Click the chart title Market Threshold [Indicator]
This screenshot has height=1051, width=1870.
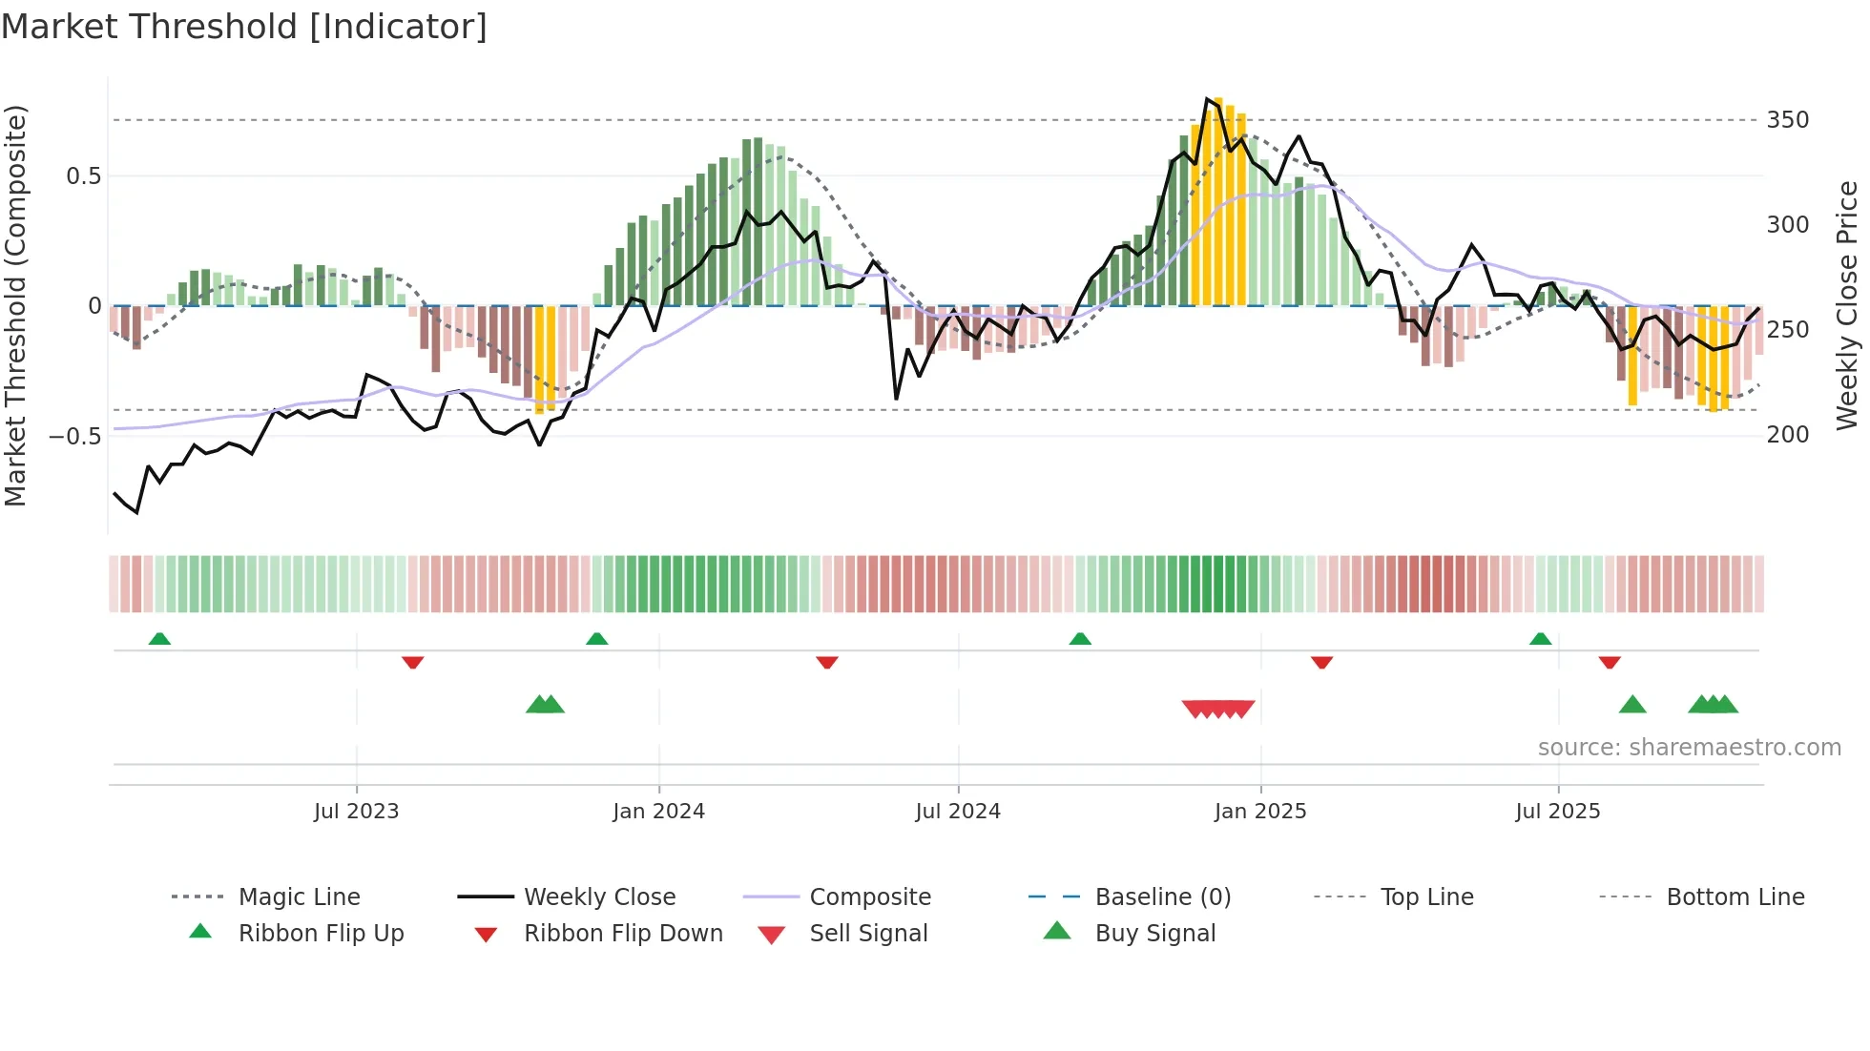coord(244,27)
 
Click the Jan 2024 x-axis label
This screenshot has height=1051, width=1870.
coord(658,812)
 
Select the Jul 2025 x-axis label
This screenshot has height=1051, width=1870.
coord(1557,812)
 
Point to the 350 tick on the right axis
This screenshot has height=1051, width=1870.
coord(1787,120)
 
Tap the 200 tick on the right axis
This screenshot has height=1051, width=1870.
coord(1787,435)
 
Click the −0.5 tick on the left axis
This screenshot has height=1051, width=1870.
coord(74,437)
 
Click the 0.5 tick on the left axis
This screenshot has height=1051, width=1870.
coord(83,176)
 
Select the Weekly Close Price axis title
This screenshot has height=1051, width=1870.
coord(1847,305)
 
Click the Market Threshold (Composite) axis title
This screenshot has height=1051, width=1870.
coord(15,305)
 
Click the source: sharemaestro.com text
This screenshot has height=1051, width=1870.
coord(1689,748)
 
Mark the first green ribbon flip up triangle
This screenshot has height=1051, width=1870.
coord(159,639)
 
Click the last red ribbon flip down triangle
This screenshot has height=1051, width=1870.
coord(1610,662)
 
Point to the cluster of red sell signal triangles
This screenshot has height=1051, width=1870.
coord(1218,709)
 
